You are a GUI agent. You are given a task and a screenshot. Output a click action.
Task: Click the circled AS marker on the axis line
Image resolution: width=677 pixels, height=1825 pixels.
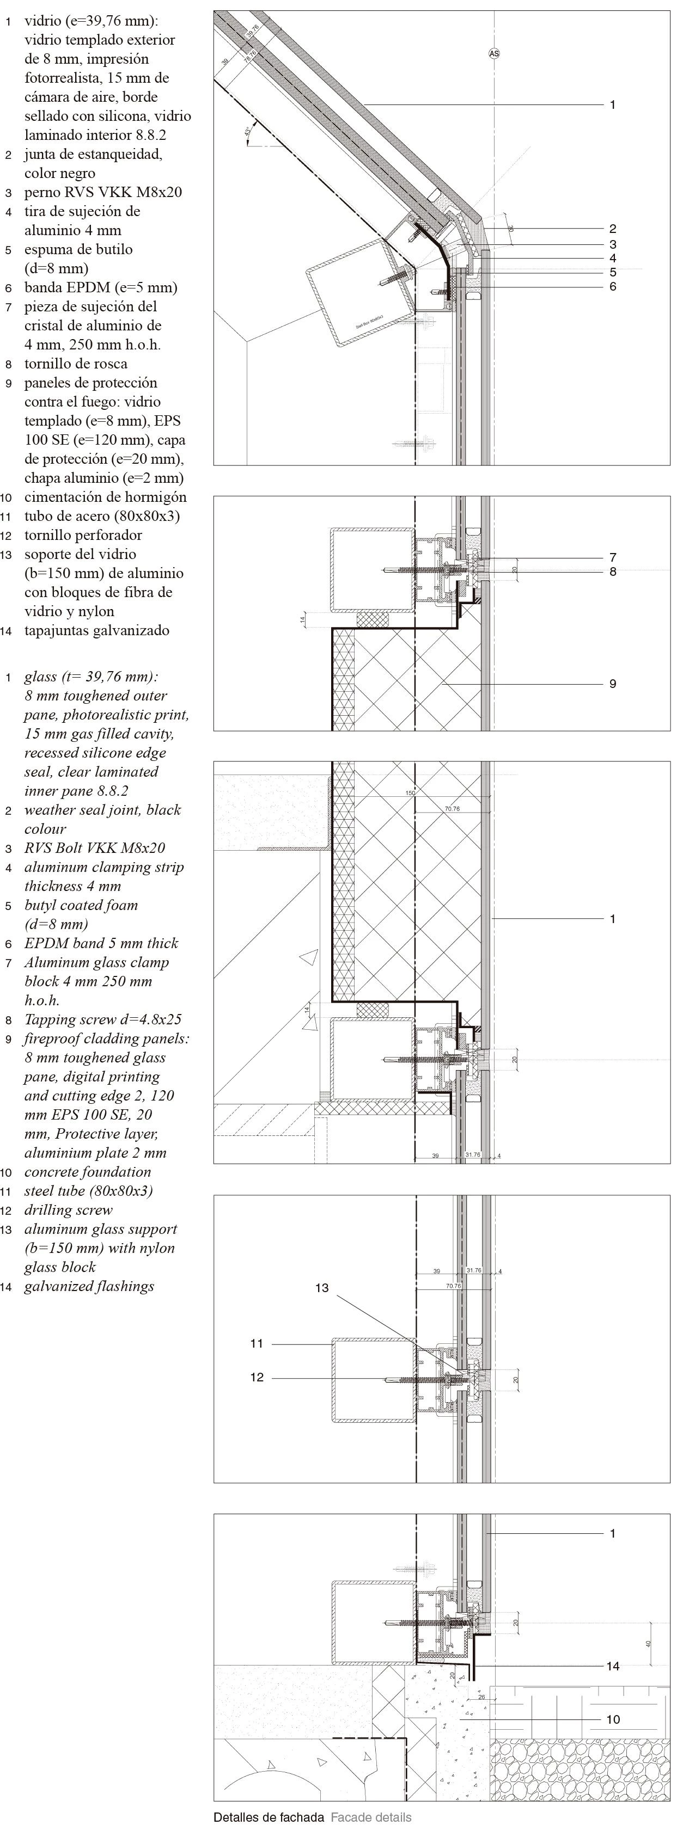494,53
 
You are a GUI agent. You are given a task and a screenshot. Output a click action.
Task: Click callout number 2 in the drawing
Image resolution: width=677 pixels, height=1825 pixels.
613,228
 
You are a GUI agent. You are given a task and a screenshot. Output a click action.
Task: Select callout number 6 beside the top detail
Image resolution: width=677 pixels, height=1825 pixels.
613,286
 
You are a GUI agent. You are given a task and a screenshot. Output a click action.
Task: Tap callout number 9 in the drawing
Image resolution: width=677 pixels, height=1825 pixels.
613,684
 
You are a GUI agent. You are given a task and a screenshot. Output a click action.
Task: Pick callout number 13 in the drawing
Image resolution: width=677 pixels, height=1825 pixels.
322,1287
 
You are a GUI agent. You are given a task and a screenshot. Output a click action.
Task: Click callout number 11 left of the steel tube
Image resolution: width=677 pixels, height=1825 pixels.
257,1343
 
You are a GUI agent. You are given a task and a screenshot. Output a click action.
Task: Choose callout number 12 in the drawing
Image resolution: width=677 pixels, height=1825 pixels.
257,1377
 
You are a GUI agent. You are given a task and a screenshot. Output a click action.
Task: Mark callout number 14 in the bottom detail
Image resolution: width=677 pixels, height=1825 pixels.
613,1666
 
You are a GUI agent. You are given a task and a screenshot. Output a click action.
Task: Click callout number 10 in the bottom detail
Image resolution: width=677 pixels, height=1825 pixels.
613,1719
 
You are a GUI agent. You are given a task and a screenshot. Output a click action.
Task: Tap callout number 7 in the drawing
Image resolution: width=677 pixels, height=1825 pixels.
613,557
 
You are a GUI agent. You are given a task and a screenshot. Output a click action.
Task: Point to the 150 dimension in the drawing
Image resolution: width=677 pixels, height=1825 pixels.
410,793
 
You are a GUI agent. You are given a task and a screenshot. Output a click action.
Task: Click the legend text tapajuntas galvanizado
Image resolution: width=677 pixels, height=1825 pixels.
96,630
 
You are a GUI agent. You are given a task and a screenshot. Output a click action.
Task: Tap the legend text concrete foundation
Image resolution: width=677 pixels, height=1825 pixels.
87,1171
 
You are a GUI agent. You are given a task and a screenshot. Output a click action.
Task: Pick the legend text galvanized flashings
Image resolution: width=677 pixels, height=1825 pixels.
89,1286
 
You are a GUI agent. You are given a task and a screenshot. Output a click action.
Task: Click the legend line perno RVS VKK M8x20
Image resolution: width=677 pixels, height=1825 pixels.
103,192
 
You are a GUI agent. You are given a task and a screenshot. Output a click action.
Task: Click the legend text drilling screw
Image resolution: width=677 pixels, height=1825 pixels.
68,1209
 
